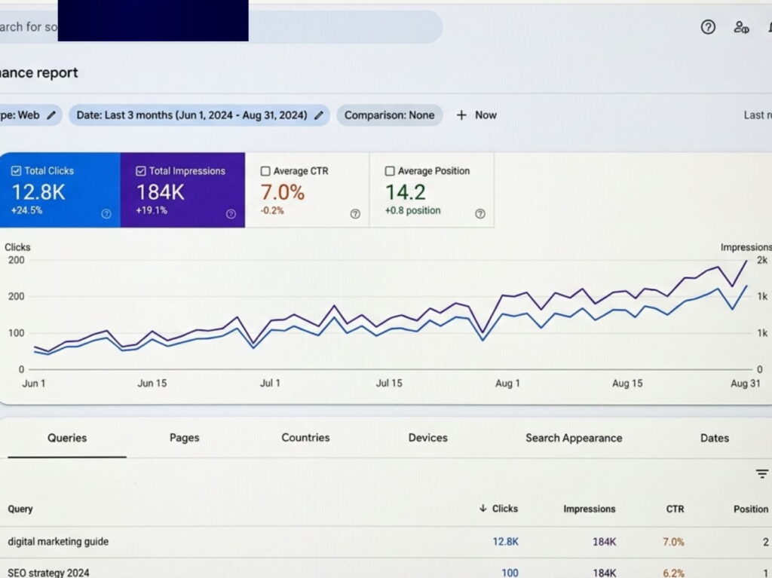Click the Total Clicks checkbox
point(17,171)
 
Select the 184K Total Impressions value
point(160,192)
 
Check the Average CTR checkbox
point(265,171)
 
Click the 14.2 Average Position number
point(406,192)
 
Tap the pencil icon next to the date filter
point(319,115)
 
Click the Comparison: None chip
point(389,115)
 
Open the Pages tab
point(184,438)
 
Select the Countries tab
point(305,438)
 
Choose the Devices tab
point(427,438)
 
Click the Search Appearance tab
point(574,438)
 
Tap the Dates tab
point(714,438)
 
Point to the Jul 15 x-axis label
point(389,384)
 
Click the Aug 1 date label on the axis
point(507,384)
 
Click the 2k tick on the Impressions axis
point(762,260)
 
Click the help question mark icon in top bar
point(708,28)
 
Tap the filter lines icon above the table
point(762,474)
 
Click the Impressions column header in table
point(589,509)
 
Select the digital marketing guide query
point(58,542)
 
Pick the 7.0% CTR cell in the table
point(673,542)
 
